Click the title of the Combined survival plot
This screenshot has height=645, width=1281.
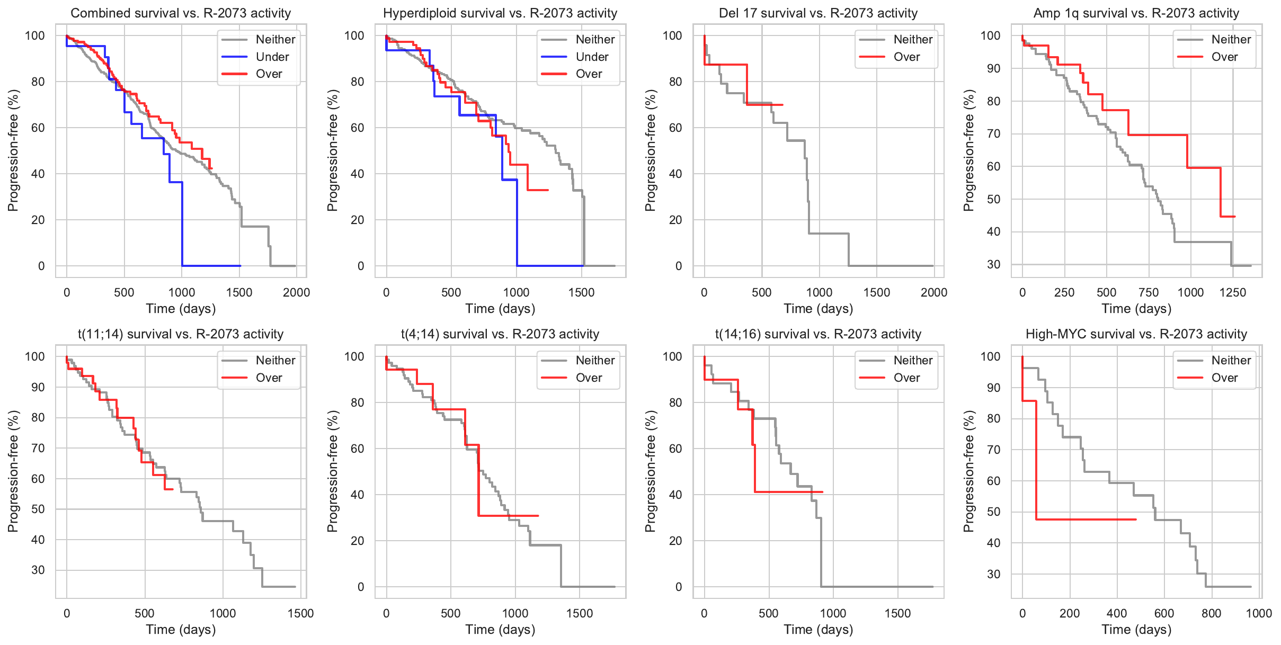coord(181,13)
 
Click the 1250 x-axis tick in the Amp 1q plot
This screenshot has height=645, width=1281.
coord(1233,292)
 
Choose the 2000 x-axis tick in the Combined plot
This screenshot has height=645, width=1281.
coord(296,292)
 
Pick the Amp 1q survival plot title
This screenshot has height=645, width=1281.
coord(1136,13)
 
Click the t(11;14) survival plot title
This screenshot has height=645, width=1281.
coord(181,334)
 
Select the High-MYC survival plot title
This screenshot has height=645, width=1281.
coord(1136,334)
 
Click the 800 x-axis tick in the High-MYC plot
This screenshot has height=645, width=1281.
coord(1212,613)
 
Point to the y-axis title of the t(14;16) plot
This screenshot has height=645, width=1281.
coord(650,471)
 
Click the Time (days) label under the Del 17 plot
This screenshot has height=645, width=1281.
coord(819,309)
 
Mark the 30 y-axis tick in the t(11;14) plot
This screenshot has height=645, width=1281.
coord(38,570)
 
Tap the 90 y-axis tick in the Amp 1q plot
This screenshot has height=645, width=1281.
coord(993,69)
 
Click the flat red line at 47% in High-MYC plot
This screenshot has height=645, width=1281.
coord(1086,519)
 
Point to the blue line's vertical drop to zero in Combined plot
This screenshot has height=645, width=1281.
coord(182,222)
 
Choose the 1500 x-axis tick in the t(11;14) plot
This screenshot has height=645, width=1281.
coord(301,613)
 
